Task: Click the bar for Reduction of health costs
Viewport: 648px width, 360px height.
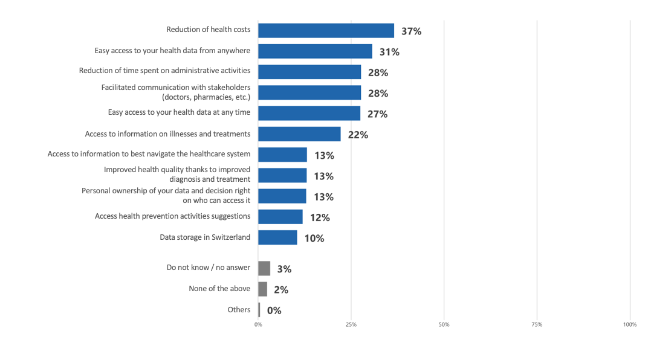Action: [326, 30]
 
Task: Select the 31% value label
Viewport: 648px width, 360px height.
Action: [389, 52]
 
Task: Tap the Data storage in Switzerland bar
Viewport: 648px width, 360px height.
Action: [277, 237]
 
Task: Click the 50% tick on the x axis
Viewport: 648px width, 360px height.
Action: [444, 325]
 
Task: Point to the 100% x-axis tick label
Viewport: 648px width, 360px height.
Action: [629, 325]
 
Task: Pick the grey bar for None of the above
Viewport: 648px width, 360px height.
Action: [262, 289]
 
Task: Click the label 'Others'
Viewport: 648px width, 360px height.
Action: [239, 309]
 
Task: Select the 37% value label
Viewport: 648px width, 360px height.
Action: [411, 31]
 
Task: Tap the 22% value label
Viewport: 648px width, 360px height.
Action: [358, 135]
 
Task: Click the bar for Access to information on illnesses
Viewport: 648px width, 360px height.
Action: [299, 133]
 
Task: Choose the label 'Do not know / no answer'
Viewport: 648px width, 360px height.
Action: [208, 268]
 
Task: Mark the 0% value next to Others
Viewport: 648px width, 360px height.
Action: [274, 310]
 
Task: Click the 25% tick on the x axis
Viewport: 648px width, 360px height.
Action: [351, 325]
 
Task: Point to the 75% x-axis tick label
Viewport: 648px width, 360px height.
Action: [536, 325]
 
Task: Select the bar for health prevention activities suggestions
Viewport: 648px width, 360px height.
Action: [280, 216]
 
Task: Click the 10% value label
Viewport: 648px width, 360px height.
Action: [314, 238]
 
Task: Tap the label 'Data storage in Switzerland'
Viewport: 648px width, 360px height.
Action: [204, 237]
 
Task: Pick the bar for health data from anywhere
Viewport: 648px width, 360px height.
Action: [315, 51]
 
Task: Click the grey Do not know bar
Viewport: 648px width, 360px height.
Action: [264, 268]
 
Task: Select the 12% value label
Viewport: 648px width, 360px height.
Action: [320, 217]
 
